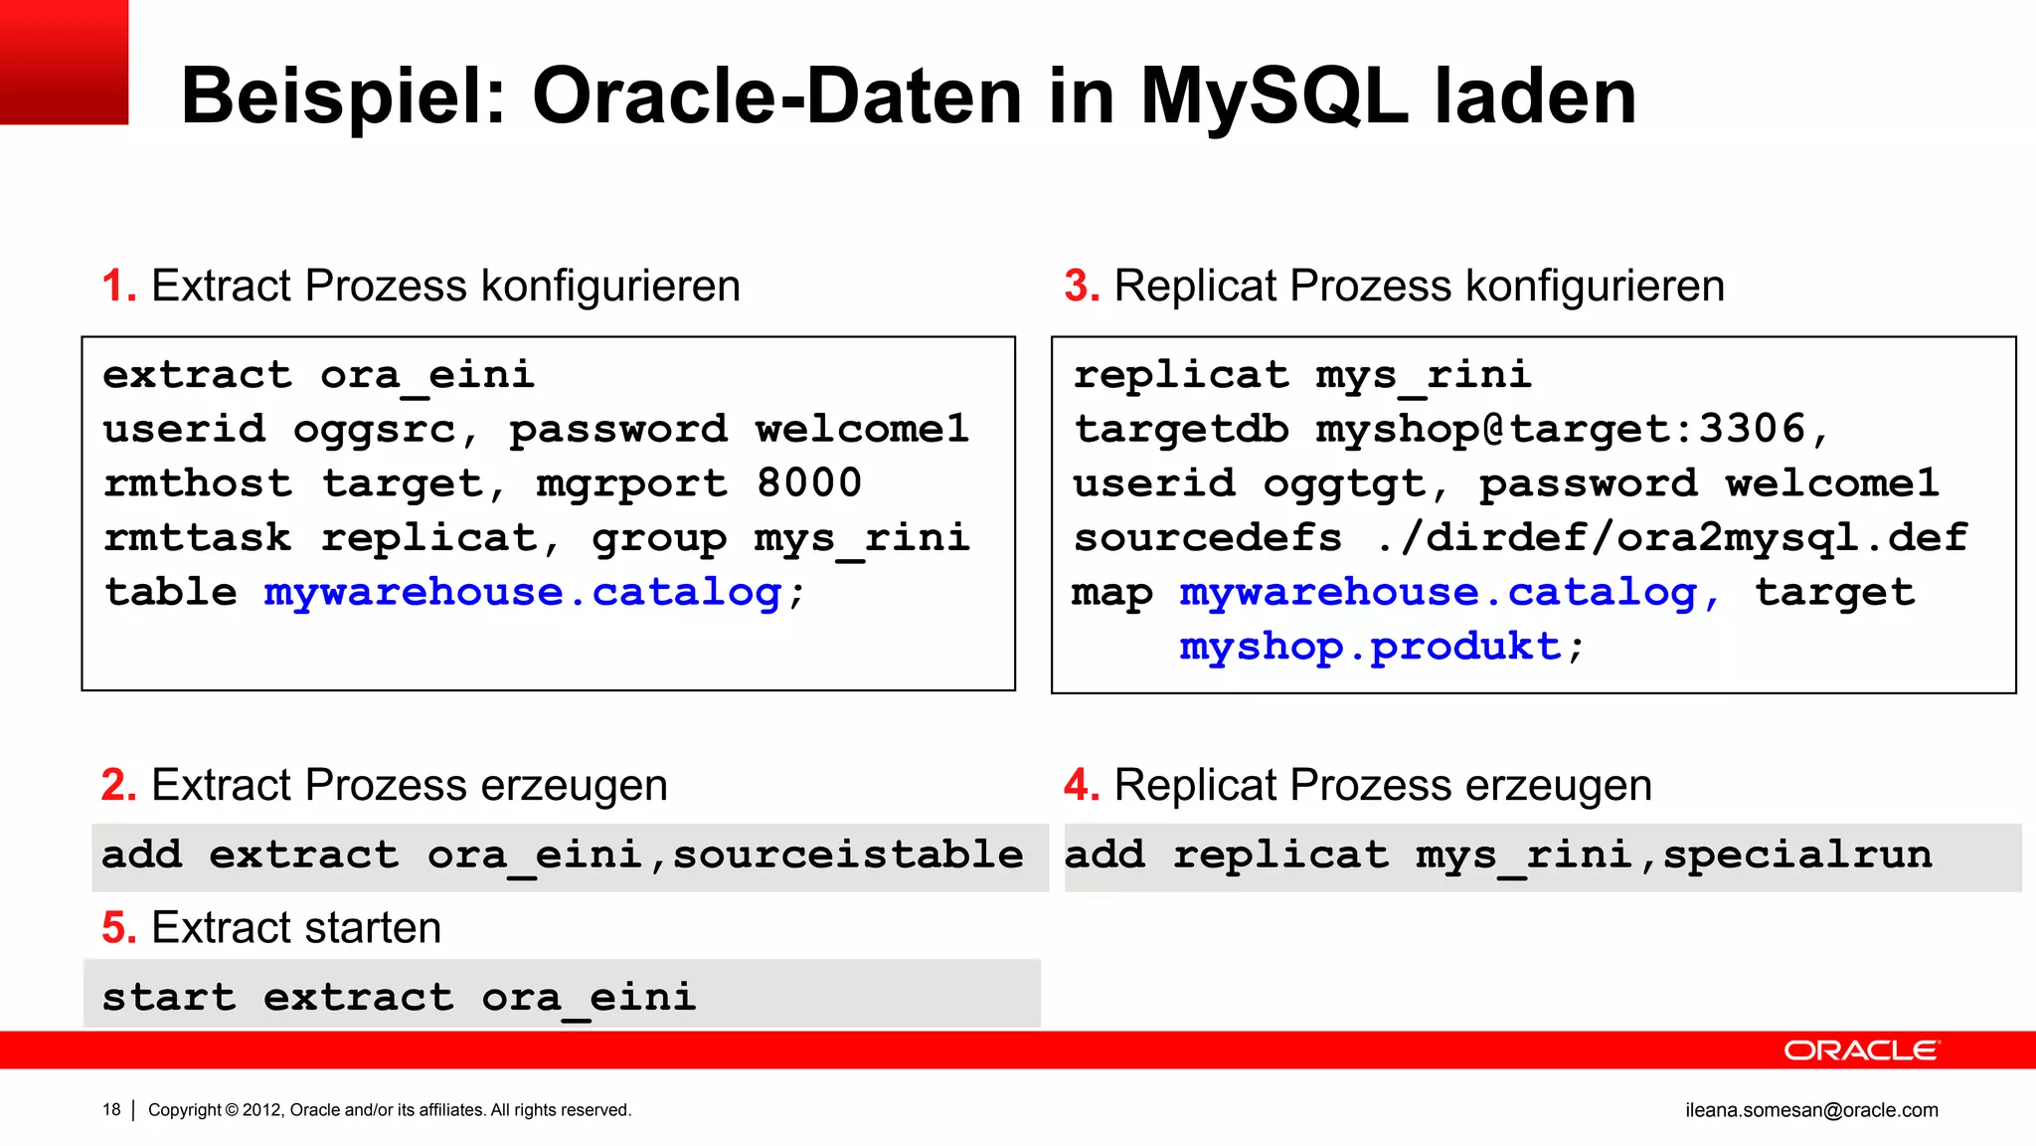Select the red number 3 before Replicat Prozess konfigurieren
point(1080,286)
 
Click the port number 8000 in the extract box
point(809,483)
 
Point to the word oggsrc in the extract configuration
point(374,430)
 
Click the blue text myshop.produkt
point(1370,647)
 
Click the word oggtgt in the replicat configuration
point(1345,484)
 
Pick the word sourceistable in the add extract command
point(848,856)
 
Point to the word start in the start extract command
point(169,998)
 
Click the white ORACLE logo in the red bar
point(1860,1050)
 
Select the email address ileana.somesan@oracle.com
point(1811,1110)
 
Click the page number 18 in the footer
point(111,1110)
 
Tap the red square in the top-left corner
point(64,62)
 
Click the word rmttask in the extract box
point(197,538)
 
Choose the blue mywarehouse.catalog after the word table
point(523,593)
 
